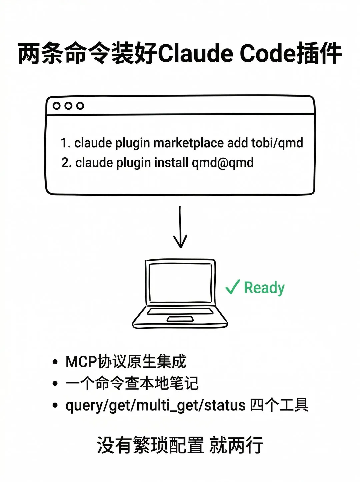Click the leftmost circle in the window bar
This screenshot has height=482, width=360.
coord(57,106)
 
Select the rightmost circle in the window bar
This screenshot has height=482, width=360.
coord(80,106)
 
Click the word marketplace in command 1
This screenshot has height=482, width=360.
coord(188,143)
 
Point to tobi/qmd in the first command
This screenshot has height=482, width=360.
coord(277,143)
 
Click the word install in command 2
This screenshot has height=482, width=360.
coord(171,163)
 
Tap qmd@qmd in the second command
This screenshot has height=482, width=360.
coord(222,163)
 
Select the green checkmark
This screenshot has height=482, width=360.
coord(232,287)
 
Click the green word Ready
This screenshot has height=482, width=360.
coord(264,288)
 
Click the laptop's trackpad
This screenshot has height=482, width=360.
coord(180,319)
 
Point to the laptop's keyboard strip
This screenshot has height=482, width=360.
coord(180,311)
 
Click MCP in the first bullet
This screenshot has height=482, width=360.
coord(81,362)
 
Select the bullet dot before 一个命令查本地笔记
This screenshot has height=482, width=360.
coord(55,384)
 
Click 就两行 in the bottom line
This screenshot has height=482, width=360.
coord(236,445)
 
